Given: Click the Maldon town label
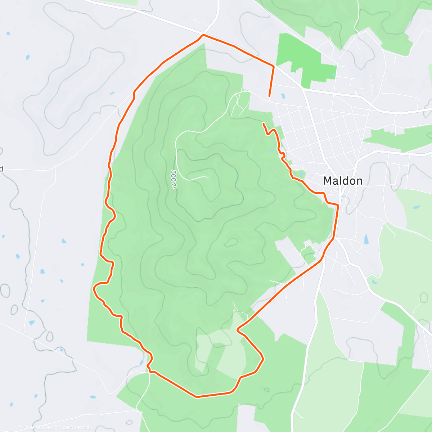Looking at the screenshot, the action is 343,181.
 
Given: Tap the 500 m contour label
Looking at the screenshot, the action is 174,179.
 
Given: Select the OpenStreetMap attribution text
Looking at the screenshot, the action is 76,427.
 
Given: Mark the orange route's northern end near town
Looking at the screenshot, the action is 269,96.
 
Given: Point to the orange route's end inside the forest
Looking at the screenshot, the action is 264,124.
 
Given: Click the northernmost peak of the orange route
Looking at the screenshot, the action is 203,35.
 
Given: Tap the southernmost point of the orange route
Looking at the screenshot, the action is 197,397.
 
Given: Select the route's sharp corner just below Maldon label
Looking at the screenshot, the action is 338,205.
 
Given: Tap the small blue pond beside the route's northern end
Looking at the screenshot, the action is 283,96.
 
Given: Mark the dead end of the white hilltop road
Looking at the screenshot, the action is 208,177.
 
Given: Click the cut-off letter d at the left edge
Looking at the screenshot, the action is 1,168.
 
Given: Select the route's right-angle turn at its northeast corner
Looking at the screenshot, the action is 274,67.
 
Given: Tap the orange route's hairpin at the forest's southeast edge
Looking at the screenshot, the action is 238,329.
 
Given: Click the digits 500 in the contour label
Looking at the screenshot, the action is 173,175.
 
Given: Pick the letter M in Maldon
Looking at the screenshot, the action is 328,181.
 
